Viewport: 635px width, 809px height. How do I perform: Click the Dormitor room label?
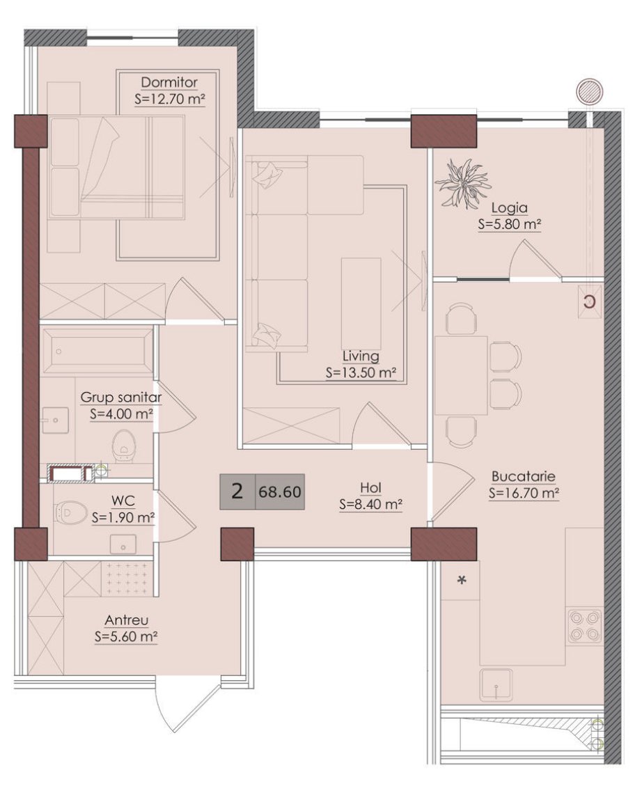pos(169,83)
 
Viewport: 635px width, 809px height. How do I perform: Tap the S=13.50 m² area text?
pos(361,373)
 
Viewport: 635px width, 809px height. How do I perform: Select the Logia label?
pos(509,208)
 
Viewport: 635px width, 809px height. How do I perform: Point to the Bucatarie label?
pos(524,476)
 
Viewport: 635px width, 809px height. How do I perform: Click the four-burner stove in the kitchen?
pos(585,626)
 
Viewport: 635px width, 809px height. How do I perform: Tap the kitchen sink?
pos(496,684)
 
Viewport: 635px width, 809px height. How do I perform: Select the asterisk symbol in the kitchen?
pos(462,581)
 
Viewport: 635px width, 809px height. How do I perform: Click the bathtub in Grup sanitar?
pos(97,351)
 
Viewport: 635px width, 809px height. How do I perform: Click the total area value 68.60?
pos(280,492)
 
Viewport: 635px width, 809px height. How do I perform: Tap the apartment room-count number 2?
pos(237,492)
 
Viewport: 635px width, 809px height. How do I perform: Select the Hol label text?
pos(371,487)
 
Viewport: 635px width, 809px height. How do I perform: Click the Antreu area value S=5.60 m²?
pos(126,636)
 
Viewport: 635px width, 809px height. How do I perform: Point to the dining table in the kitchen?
pos(461,376)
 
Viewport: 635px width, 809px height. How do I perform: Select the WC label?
pos(123,501)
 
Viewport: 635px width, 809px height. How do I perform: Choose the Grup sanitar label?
pos(121,398)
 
